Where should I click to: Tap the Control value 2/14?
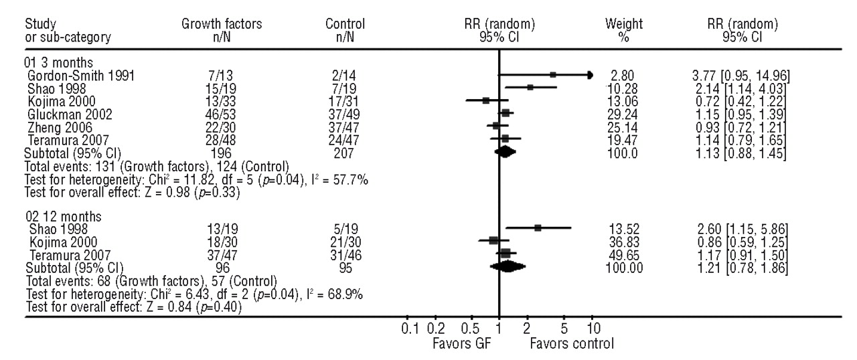tap(339, 75)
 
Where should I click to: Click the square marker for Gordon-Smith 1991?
tap(553, 75)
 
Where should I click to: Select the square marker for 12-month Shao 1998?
tap(538, 228)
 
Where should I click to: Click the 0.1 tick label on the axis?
tap(410, 329)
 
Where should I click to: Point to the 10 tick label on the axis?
tap(593, 329)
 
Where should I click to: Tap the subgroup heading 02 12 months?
tap(60, 215)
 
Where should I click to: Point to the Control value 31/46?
tap(339, 254)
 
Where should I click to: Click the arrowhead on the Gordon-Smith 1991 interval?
tap(590, 75)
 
